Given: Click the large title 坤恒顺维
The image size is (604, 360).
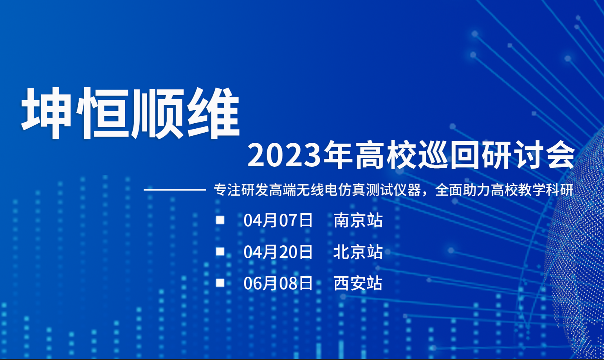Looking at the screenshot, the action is [130, 113].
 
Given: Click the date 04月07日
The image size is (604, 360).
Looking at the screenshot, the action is [278, 220].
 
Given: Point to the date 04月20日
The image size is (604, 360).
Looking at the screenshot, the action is [278, 252].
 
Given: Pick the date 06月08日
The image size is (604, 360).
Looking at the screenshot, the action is [278, 283].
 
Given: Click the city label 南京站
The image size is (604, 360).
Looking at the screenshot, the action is [358, 220].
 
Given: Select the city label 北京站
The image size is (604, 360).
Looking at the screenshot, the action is [358, 252].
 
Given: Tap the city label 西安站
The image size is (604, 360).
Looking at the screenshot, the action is [358, 283].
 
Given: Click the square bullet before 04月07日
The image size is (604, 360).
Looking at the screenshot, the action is [220, 220].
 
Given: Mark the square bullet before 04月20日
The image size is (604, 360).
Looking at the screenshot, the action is [220, 251].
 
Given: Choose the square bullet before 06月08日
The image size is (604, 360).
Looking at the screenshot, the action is [220, 283].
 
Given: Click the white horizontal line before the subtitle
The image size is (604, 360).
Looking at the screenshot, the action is [175, 190].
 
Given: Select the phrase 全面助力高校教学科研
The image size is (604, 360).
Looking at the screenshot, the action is [504, 190].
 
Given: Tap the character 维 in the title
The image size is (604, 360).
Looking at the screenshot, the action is [213, 113].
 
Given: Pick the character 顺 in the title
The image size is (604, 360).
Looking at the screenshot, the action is [158, 113].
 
